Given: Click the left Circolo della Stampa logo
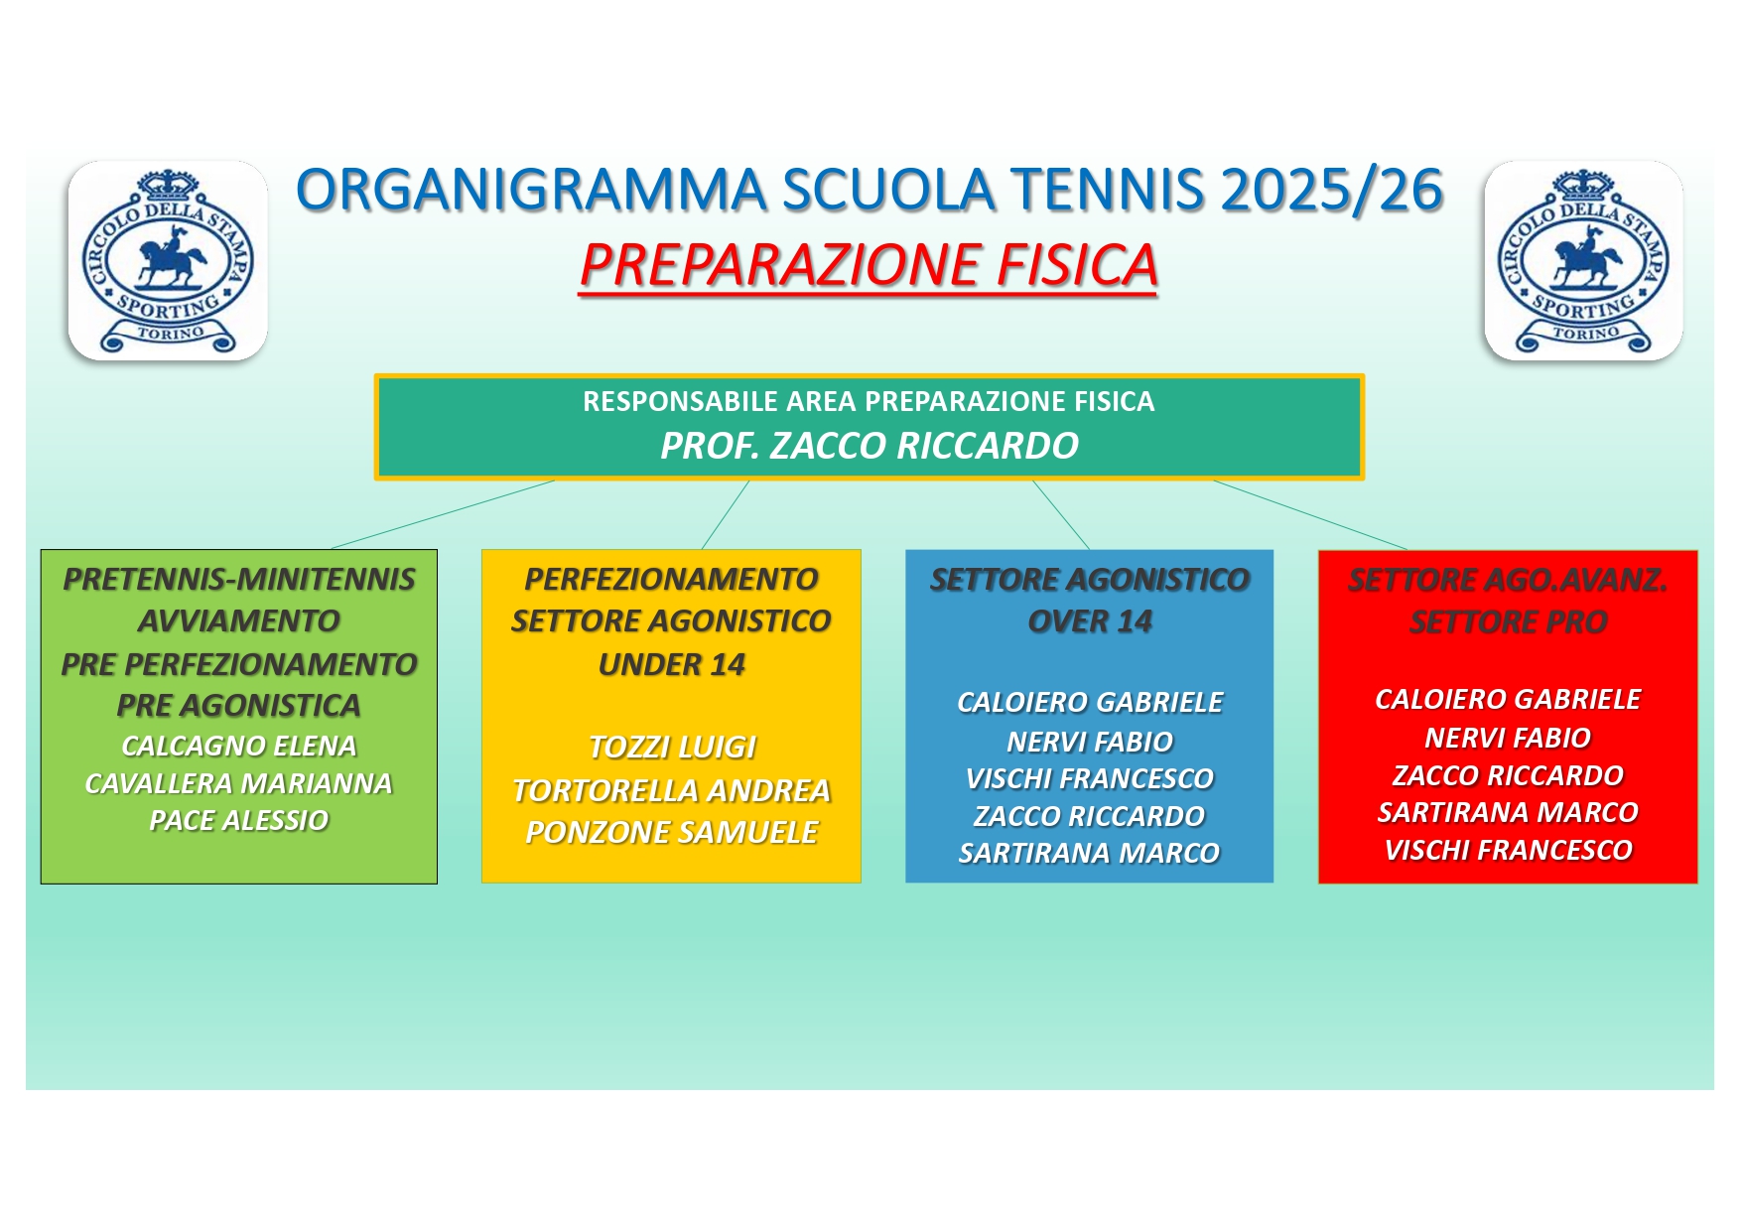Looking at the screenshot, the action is pyautogui.click(x=168, y=260).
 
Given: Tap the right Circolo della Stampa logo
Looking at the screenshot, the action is pyautogui.click(x=1583, y=260).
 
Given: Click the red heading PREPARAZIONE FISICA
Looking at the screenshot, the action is pyautogui.click(x=869, y=266).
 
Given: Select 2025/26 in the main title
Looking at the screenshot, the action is pyautogui.click(x=1332, y=190).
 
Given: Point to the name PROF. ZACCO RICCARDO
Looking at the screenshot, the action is pyautogui.click(x=870, y=446).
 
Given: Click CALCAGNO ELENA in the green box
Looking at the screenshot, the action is pyautogui.click(x=239, y=746).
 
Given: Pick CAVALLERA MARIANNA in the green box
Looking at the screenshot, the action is pyautogui.click(x=239, y=783).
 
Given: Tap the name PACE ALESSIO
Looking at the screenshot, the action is pyautogui.click(x=239, y=820).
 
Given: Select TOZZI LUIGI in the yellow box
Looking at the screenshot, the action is pyautogui.click(x=672, y=747).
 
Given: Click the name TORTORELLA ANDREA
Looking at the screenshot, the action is pyautogui.click(x=672, y=790).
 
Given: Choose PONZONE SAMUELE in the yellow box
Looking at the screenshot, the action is pyautogui.click(x=672, y=832).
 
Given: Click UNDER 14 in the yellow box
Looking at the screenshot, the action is pyautogui.click(x=672, y=664).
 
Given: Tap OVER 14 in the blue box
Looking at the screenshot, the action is pyautogui.click(x=1090, y=621).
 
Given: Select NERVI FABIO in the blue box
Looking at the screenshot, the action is pyautogui.click(x=1090, y=742).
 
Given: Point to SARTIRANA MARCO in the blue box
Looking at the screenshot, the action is pyautogui.click(x=1090, y=853).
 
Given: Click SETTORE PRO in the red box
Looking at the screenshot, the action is pyautogui.click(x=1509, y=622).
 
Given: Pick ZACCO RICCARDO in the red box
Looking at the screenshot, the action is pyautogui.click(x=1509, y=775).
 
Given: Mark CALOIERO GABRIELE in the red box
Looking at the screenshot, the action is pyautogui.click(x=1509, y=699).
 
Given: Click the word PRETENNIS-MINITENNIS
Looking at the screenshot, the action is pyautogui.click(x=239, y=579).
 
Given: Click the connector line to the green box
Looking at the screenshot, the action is pyautogui.click(x=443, y=514).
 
